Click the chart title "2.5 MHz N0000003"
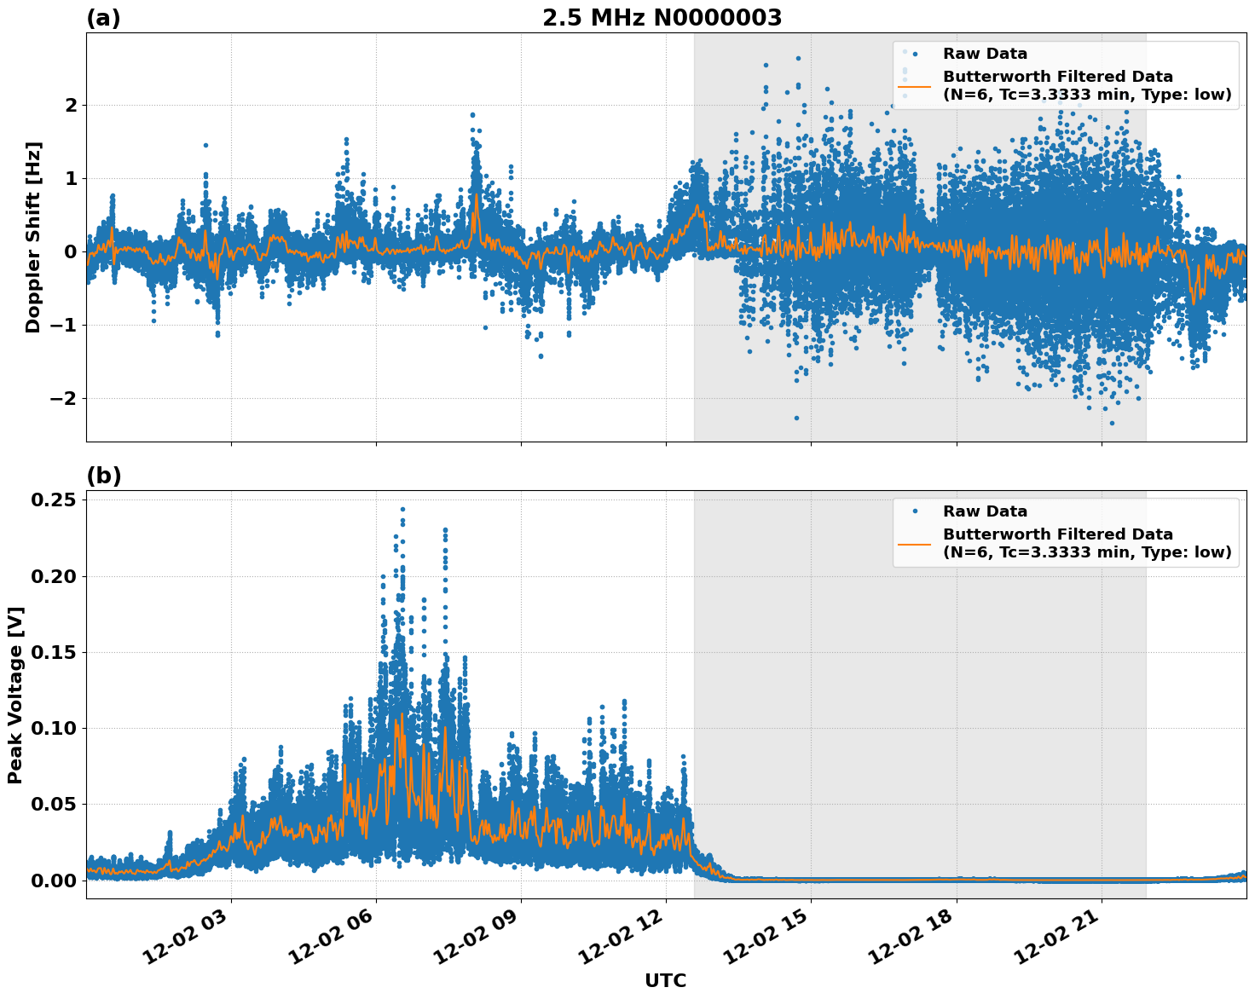[662, 18]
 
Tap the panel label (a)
[103, 19]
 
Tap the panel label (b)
[103, 476]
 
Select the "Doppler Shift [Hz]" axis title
[33, 237]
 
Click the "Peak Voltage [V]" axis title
[14, 695]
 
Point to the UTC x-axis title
[665, 981]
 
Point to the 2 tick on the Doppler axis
[71, 106]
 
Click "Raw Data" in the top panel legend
[985, 54]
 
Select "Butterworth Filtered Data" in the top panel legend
[1057, 77]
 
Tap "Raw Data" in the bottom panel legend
[985, 511]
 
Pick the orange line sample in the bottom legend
[914, 544]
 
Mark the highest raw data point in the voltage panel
[402, 510]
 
